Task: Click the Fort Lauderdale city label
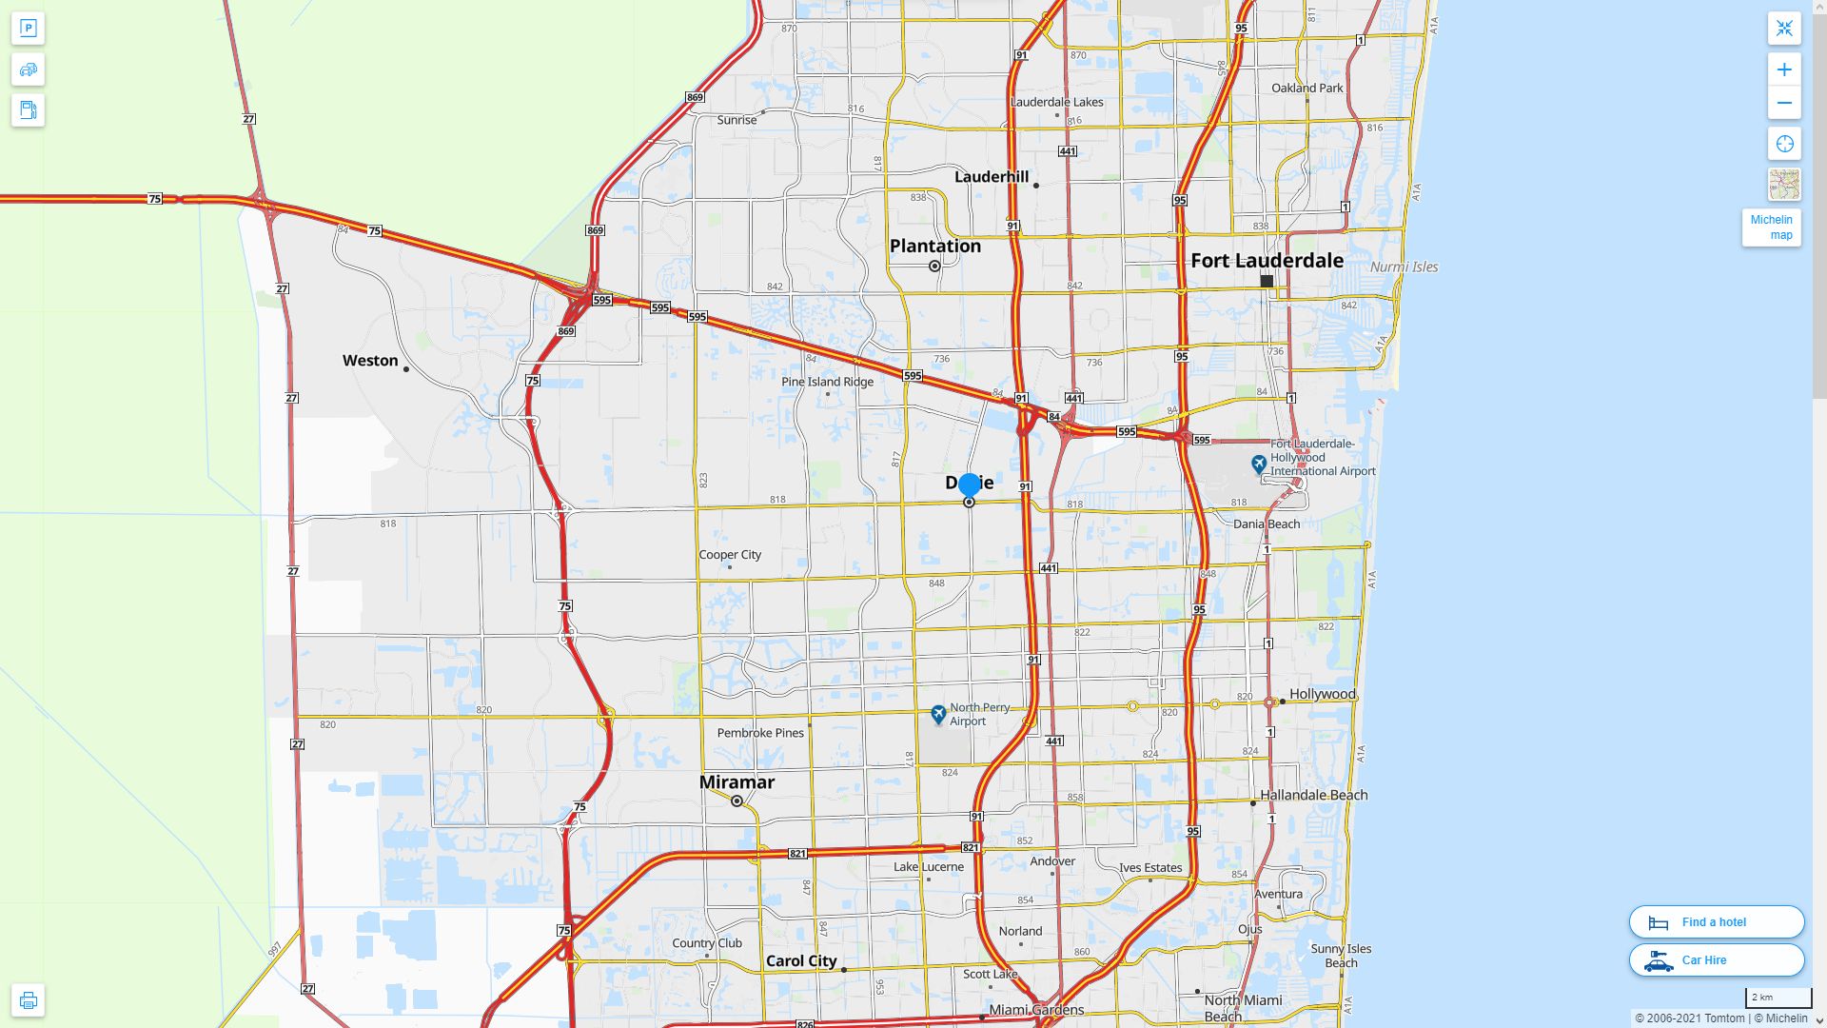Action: pos(1267,261)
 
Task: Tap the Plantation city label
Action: pos(934,247)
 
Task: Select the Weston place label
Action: pos(370,361)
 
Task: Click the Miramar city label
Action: pos(737,782)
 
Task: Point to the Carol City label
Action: pos(801,961)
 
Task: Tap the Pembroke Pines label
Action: pos(760,733)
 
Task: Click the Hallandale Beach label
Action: pos(1313,796)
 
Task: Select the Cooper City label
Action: pos(730,555)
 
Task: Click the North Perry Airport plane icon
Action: pos(938,714)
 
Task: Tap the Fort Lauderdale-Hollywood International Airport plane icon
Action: pos(1259,464)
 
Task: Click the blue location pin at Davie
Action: pos(969,485)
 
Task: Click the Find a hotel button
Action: pos(1716,922)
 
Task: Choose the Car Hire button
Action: pos(1716,960)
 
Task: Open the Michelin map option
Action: pos(1771,227)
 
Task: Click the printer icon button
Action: pos(28,1000)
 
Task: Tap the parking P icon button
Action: pos(28,29)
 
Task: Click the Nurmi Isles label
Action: pos(1404,267)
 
